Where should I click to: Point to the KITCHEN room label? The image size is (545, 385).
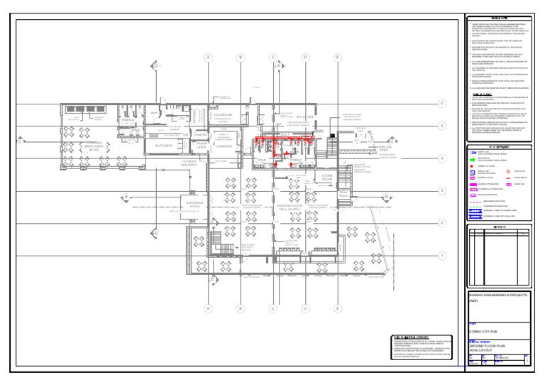[x=297, y=161]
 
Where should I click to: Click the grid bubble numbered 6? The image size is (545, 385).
[x=441, y=104]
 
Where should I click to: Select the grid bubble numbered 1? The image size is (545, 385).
[x=441, y=256]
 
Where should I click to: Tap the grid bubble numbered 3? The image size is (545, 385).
[x=441, y=190]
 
